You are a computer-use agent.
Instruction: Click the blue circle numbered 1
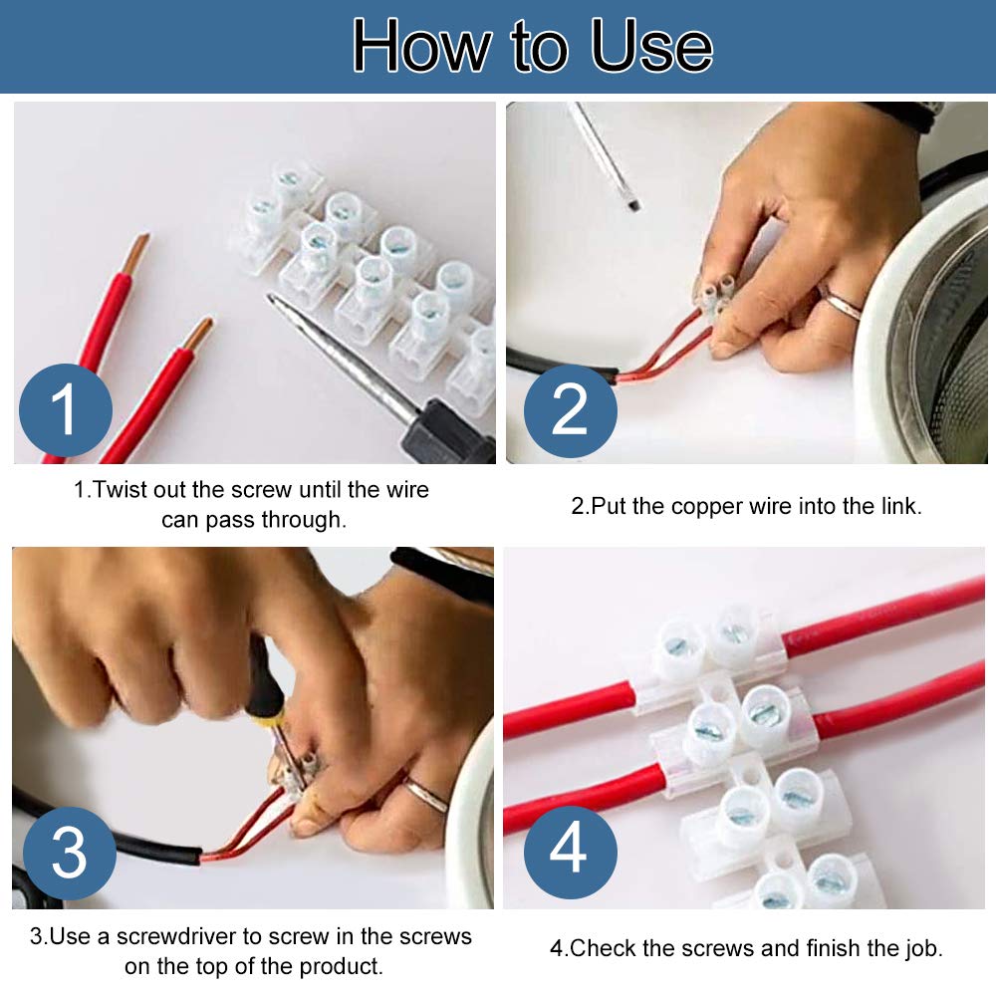[66, 409]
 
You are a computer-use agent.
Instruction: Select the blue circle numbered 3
[70, 854]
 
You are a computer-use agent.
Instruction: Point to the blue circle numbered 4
[571, 852]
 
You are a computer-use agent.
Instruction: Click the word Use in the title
[652, 46]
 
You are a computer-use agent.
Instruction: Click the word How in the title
[421, 46]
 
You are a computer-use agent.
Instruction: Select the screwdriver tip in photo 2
[632, 206]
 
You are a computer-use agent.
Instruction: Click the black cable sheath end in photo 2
[612, 375]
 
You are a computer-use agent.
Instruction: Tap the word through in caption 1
[302, 520]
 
